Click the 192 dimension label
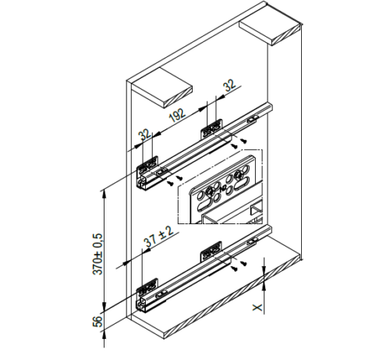pos(177,115)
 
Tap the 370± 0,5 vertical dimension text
pos(98,254)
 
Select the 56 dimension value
pos(97,322)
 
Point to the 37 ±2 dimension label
pos(158,237)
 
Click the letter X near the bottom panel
pos(257,308)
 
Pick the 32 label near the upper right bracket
pos(230,85)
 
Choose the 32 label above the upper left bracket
pos(144,134)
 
